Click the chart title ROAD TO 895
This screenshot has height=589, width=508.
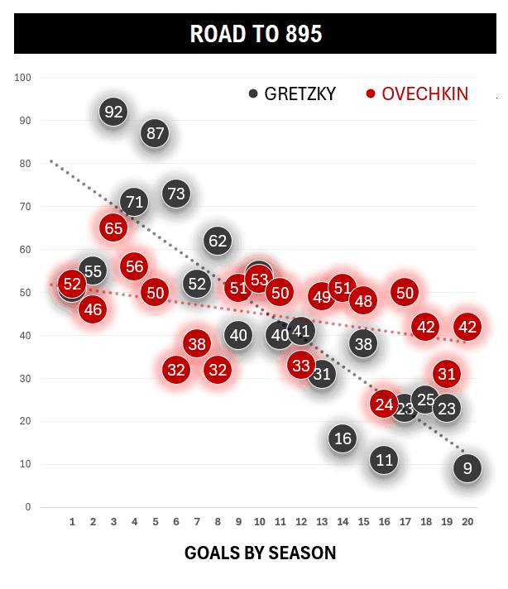point(255,34)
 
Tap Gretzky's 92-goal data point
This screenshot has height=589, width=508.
point(113,112)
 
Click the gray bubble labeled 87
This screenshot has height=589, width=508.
point(155,132)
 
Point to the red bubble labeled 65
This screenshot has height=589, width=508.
point(113,227)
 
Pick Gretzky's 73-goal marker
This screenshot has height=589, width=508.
point(175,194)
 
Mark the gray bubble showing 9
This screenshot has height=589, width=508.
point(467,468)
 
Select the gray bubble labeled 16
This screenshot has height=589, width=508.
point(343,438)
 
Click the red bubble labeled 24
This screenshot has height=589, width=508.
point(384,405)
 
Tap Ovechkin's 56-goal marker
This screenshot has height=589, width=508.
point(134,266)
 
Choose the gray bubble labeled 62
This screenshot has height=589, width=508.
point(217,241)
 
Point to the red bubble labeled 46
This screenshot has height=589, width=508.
point(93,309)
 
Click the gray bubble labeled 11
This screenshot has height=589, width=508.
point(384,460)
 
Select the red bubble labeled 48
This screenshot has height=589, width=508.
point(363,300)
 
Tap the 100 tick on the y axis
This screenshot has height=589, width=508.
point(22,78)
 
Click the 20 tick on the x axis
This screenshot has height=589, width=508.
point(467,522)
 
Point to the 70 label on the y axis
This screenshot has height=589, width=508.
point(25,207)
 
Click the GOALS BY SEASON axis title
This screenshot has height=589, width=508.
point(260,553)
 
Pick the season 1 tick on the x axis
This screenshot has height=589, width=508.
point(72,522)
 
